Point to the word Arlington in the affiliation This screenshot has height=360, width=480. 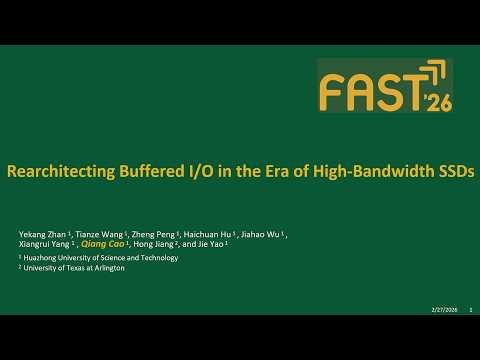107,268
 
